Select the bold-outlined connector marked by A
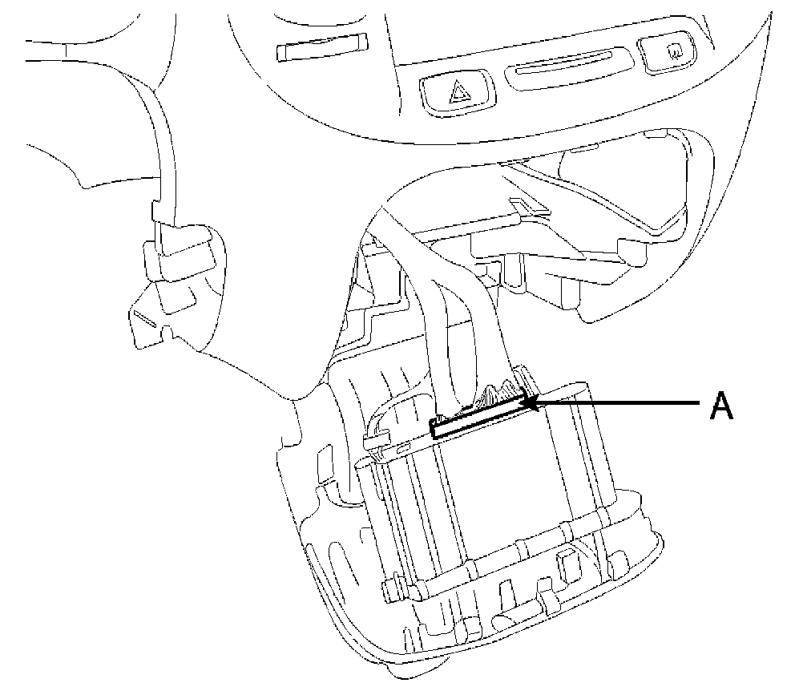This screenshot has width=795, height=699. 479,415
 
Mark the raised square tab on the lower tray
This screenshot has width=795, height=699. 570,564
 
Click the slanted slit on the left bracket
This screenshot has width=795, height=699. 147,320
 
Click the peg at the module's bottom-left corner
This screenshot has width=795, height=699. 391,589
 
